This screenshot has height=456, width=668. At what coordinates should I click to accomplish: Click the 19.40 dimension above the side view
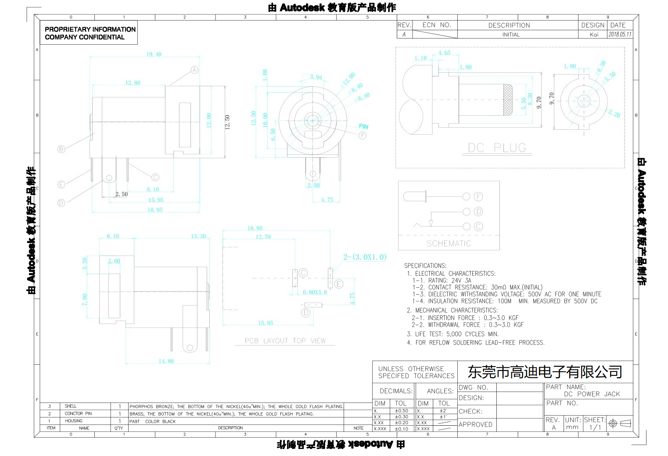click(154, 54)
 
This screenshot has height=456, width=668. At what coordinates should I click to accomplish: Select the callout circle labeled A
click(194, 70)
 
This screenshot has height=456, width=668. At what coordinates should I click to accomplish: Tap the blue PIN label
click(363, 126)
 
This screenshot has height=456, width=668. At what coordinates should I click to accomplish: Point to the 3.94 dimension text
click(316, 77)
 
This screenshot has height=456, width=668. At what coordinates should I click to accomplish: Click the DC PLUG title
click(497, 148)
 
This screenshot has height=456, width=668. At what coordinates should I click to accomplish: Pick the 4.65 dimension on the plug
click(444, 53)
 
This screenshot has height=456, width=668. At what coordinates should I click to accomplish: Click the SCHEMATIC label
click(449, 243)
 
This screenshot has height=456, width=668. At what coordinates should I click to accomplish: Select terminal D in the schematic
click(478, 212)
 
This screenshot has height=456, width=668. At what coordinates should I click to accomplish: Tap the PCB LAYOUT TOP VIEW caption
click(285, 341)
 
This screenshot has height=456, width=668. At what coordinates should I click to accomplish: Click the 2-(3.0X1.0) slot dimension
click(365, 257)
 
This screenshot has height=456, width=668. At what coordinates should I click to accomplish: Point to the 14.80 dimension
click(166, 361)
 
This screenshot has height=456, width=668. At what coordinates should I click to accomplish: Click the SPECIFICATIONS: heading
click(425, 266)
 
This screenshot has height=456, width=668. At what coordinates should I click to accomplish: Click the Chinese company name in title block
click(545, 372)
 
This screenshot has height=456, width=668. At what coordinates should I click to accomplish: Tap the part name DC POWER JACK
click(592, 394)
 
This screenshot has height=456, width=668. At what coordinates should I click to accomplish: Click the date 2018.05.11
click(620, 34)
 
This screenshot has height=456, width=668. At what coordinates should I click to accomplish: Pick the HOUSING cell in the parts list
click(74, 421)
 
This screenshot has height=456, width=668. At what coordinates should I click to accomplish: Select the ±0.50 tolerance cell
click(401, 411)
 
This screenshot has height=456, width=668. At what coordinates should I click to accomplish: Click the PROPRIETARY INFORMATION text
click(90, 29)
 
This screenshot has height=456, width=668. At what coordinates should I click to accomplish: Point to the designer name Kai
click(594, 35)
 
